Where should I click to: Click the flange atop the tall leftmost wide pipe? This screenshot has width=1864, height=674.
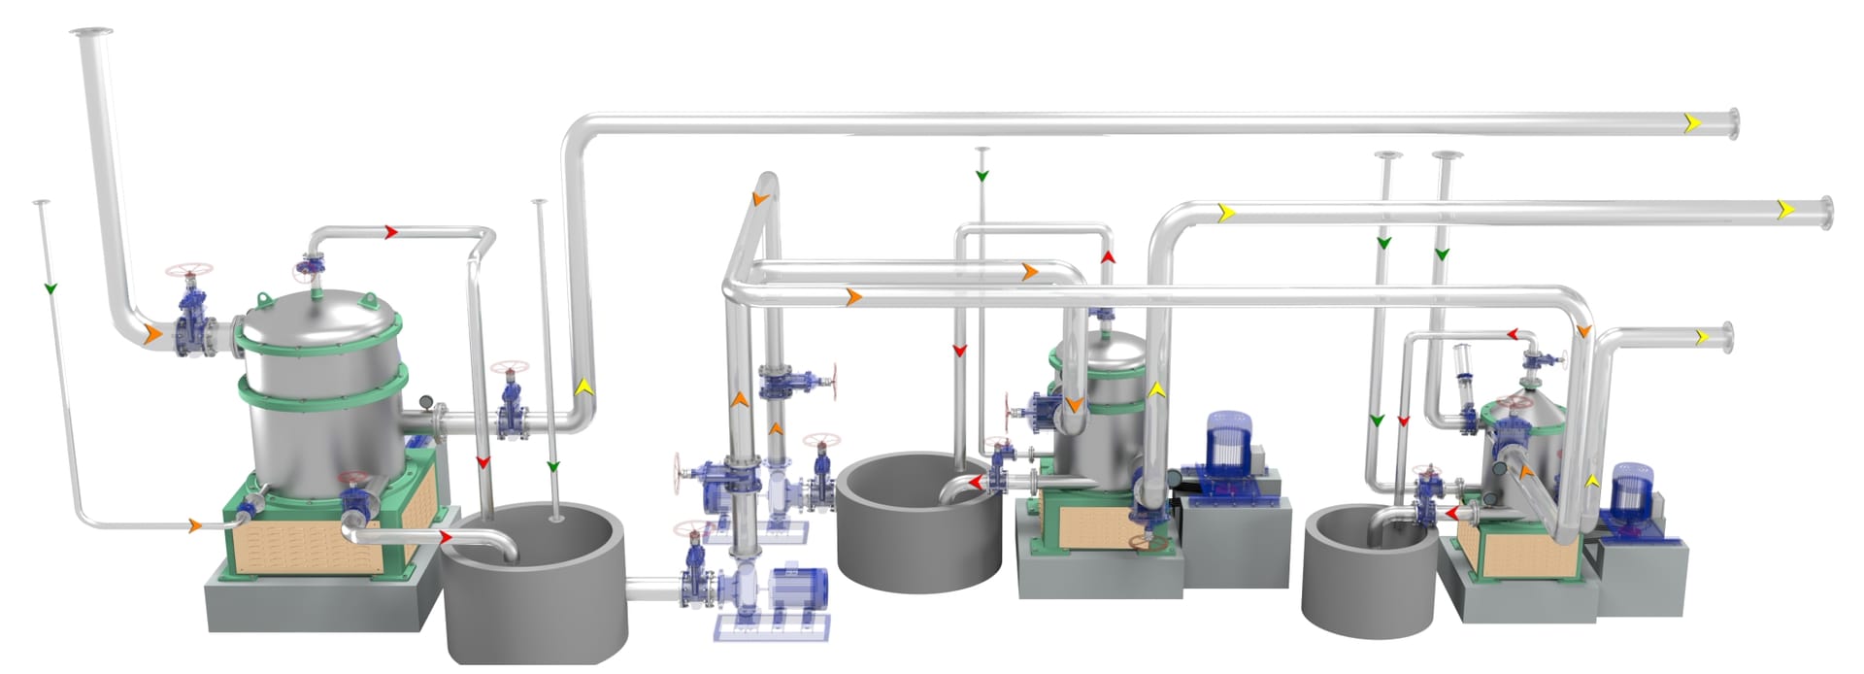tap(91, 33)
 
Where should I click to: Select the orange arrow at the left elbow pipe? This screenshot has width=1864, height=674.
tap(152, 334)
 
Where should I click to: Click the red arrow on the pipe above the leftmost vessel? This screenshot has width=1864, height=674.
tap(391, 232)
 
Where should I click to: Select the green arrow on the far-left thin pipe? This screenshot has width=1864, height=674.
tap(50, 288)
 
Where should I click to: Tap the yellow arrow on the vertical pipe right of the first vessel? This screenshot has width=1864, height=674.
tap(583, 386)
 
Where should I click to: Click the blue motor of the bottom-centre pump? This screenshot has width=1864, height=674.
tap(798, 590)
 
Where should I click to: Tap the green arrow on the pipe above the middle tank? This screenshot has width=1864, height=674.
tap(982, 176)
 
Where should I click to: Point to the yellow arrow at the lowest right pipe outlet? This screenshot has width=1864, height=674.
tap(1701, 337)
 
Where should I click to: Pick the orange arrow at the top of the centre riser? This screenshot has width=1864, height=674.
tap(760, 199)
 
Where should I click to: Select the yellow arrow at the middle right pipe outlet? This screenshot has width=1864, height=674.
tap(1785, 209)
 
